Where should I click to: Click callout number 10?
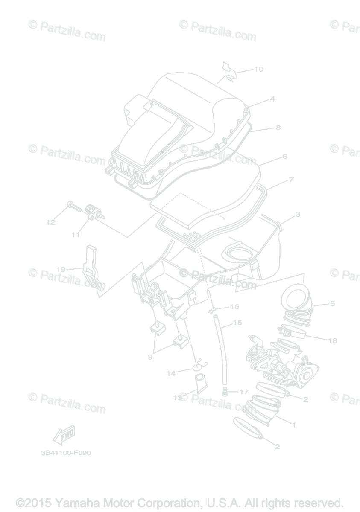(x=259, y=69)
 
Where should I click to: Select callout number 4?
(x=272, y=99)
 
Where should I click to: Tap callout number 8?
(x=278, y=127)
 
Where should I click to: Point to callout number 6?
(x=285, y=157)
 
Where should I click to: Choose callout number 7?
(x=291, y=180)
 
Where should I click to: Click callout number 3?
(x=298, y=214)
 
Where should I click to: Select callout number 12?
(x=51, y=222)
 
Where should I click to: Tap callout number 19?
(x=61, y=269)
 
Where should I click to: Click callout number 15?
(x=237, y=323)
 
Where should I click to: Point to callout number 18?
(x=333, y=340)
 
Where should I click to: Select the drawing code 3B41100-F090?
(x=66, y=453)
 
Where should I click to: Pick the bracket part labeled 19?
(x=94, y=269)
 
